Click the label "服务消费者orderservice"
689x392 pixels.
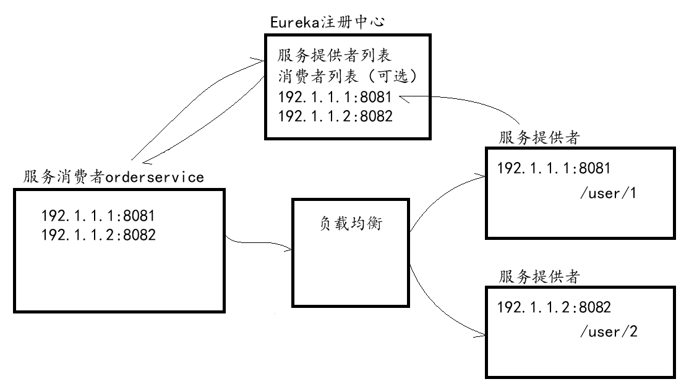114,177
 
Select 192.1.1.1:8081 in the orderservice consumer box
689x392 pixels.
97,216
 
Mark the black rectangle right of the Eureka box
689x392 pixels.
539,71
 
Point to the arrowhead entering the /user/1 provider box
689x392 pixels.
482,175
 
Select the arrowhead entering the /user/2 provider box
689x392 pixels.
482,335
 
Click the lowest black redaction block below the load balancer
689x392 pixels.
315,340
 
